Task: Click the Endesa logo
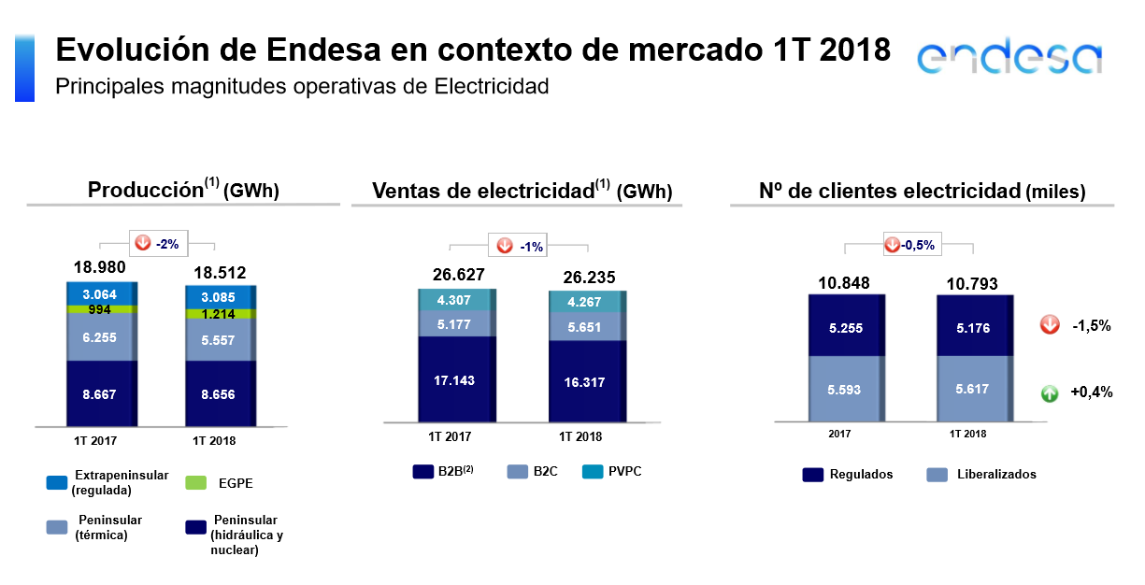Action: (x=1009, y=58)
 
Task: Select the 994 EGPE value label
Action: (x=99, y=309)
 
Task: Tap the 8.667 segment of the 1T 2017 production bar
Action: (x=99, y=394)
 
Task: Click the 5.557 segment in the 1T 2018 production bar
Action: (x=217, y=341)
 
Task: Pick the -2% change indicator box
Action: (x=159, y=244)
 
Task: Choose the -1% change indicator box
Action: (x=517, y=246)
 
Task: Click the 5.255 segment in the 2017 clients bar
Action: (x=845, y=328)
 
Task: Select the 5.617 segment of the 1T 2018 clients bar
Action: (x=973, y=390)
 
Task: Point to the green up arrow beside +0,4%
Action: (x=1050, y=393)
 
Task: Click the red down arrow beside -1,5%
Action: (x=1050, y=325)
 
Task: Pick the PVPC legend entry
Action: (x=615, y=472)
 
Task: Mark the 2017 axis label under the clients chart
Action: (x=839, y=435)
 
